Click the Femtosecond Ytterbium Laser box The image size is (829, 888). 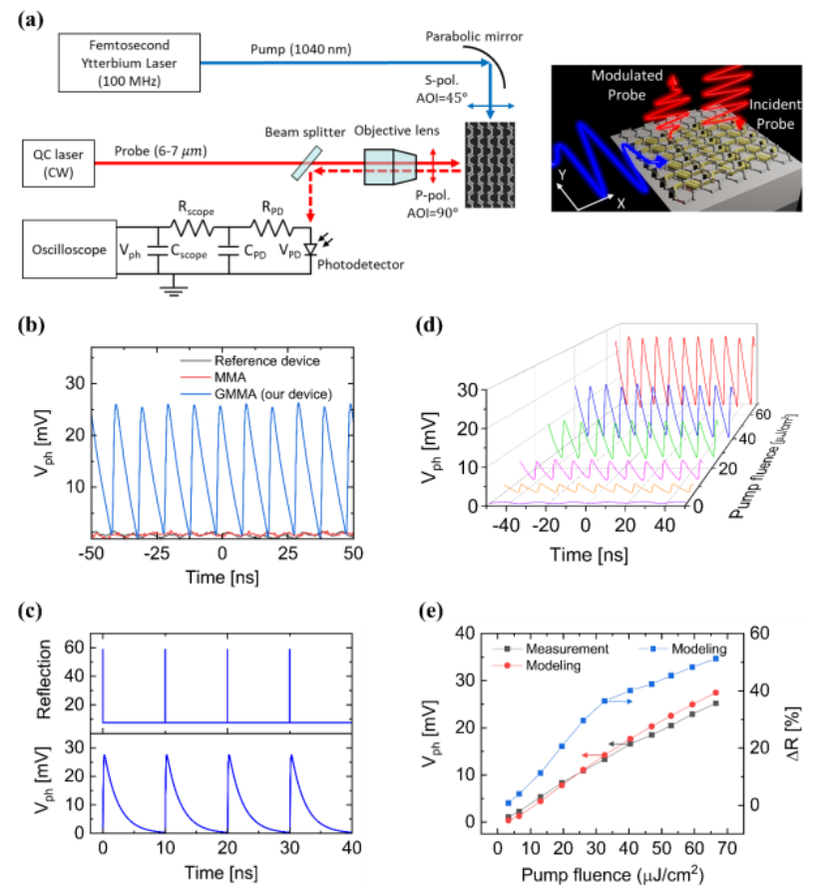(129, 62)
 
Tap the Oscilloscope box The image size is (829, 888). (66, 249)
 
